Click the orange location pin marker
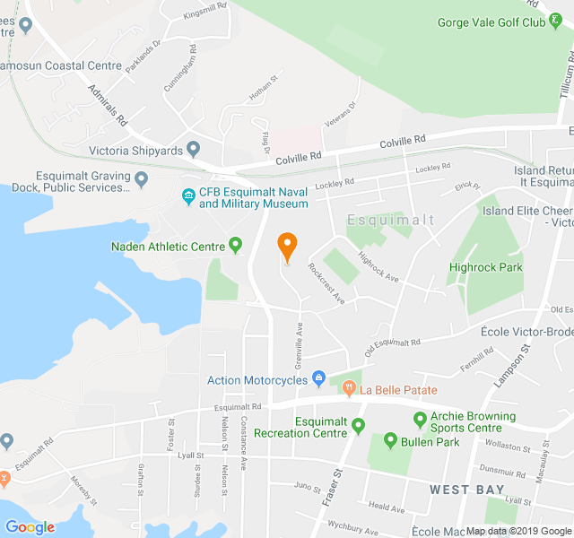(287, 247)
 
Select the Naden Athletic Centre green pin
(236, 244)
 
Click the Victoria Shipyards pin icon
(193, 149)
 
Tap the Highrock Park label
(485, 267)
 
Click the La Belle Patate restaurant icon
(348, 389)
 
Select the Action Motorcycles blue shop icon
(317, 379)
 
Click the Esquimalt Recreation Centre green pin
(359, 426)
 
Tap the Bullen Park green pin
(390, 441)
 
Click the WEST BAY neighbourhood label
(461, 490)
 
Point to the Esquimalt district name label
(391, 220)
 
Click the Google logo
(30, 527)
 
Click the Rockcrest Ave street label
(326, 283)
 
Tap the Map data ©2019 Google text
(517, 531)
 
